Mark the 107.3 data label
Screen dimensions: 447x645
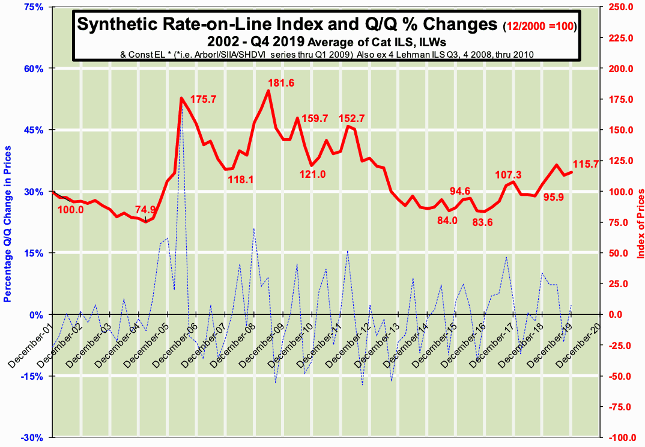click(x=508, y=175)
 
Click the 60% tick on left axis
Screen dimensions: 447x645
click(x=35, y=68)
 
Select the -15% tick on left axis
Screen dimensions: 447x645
click(x=34, y=376)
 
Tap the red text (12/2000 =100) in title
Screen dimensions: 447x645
click(x=539, y=26)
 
